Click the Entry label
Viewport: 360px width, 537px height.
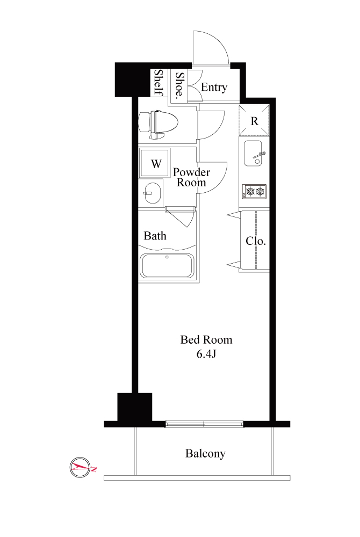pos(214,88)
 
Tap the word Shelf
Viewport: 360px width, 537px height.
pos(159,82)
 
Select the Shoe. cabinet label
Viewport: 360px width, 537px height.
pos(180,85)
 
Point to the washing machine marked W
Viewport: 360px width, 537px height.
pos(155,163)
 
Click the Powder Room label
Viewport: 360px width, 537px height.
pos(191,177)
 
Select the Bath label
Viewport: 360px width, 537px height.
pos(155,236)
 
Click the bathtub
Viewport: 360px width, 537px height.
pos(167,266)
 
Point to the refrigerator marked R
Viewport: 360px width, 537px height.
pos(254,120)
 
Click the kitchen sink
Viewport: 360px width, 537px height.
pos(253,154)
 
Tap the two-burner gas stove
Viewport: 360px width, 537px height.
pos(254,192)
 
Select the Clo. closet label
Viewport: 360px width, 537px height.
pos(256,241)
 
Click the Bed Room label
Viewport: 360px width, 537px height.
pos(206,340)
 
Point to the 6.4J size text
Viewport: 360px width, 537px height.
pos(206,354)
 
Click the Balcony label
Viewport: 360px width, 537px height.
pos(205,453)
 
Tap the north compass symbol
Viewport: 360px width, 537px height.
pos(80,467)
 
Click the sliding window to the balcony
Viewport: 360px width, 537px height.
pos(204,424)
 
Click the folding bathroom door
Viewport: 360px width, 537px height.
pos(181,216)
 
